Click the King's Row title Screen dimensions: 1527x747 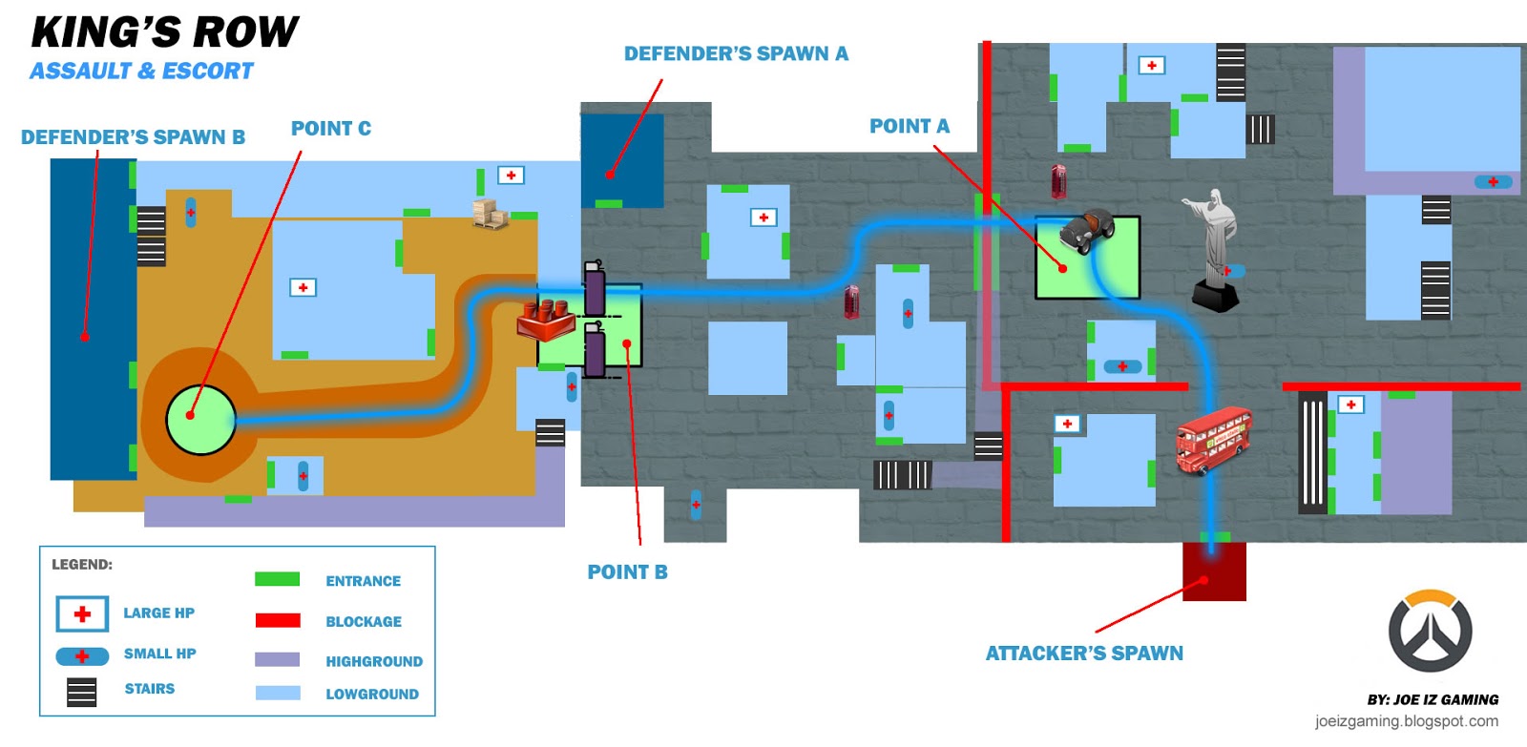coord(164,32)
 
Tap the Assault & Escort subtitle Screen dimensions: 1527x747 coord(141,71)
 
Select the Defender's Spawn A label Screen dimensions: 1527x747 coord(736,53)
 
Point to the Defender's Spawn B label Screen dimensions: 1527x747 coord(133,137)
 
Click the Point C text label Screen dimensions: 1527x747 coord(331,128)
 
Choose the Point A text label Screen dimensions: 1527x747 coord(910,126)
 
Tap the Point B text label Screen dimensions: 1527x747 coord(628,571)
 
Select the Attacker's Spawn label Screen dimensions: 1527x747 coord(1084,653)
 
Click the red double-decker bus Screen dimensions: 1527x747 coord(1213,440)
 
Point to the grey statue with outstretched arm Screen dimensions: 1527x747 coord(1214,249)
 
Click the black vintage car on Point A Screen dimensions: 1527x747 coord(1087,230)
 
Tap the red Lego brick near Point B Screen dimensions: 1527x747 coord(545,321)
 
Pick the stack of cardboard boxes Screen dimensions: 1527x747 coord(490,214)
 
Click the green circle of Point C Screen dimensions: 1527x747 coord(201,420)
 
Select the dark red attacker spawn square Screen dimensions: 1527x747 coord(1214,571)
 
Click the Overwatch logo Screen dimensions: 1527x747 coord(1431,631)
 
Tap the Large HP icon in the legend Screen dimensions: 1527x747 coord(82,614)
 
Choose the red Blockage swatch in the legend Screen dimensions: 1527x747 coord(278,620)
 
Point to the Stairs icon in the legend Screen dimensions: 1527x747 coord(82,692)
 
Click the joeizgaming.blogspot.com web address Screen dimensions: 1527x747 coord(1407,721)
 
